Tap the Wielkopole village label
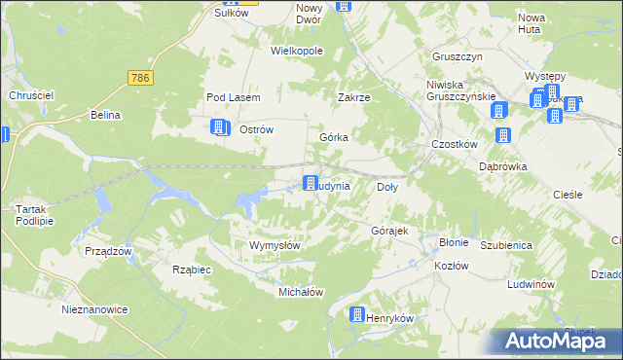click(x=296, y=51)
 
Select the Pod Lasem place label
click(x=229, y=97)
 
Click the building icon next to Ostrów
click(x=220, y=128)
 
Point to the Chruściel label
click(x=30, y=94)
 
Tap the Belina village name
click(x=104, y=115)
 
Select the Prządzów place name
click(x=107, y=251)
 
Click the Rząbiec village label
click(x=191, y=270)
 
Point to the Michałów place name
click(x=301, y=292)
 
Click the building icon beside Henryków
click(x=357, y=315)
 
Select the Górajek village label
click(x=389, y=231)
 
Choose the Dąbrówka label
click(x=503, y=166)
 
